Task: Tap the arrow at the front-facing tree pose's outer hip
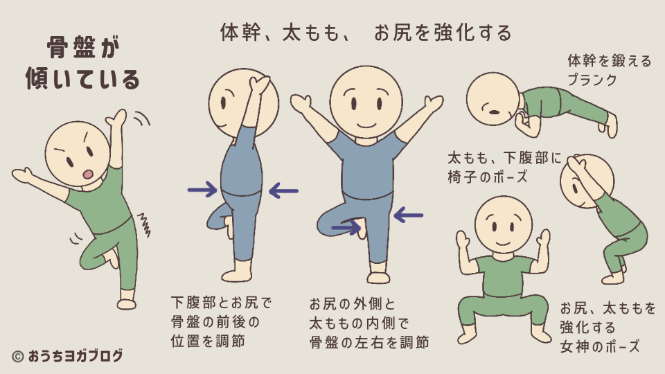click(408, 216)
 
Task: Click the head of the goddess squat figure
click(504, 223)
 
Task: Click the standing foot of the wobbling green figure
click(126, 303)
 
